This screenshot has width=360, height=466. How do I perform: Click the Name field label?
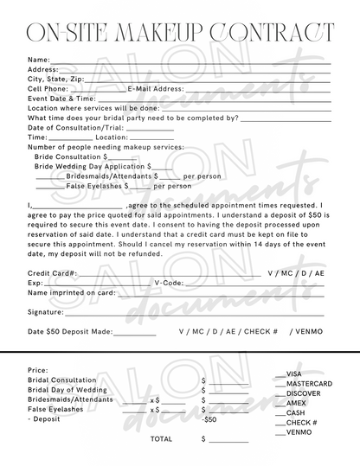pos(39,60)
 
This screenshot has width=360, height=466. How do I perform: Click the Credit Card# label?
pos(53,272)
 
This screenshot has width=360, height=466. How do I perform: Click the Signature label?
pos(46,311)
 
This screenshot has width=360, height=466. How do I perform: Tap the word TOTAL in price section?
pos(161,439)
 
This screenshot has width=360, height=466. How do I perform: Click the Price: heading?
pos(38,369)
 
